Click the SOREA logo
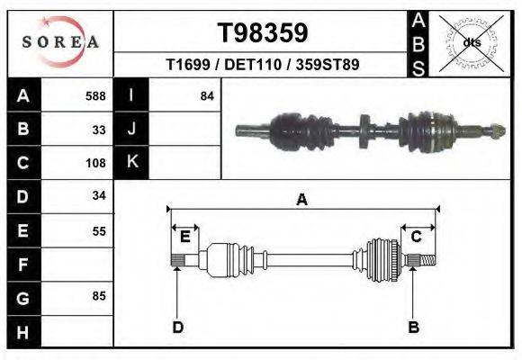[60, 42]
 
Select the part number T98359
[263, 33]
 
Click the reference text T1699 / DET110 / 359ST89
[263, 66]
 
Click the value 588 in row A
[95, 95]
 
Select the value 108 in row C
[95, 163]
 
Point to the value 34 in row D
[99, 195]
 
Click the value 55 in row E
[99, 230]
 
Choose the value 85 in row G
[99, 295]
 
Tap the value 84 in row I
[207, 95]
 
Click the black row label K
[131, 163]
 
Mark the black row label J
[131, 129]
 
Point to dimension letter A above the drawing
[302, 201]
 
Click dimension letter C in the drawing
[417, 237]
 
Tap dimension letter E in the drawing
[184, 237]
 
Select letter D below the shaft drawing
[177, 327]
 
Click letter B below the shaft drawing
[414, 327]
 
